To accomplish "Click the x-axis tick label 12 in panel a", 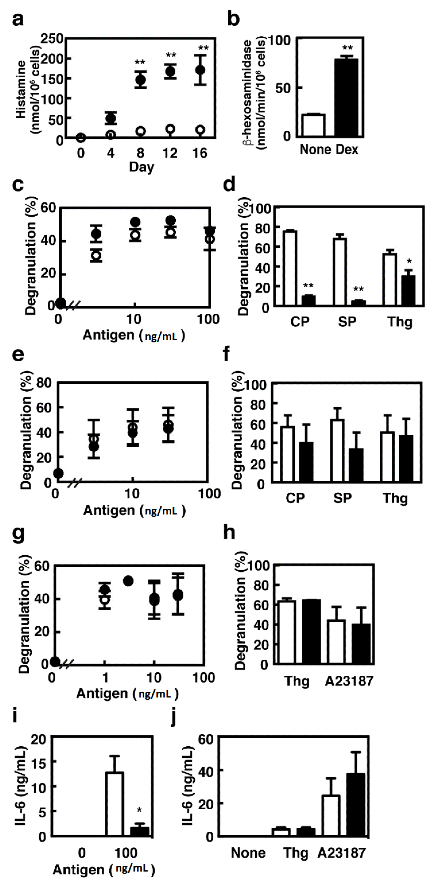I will click(x=170, y=153).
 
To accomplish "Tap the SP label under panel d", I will click(x=347, y=322).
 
